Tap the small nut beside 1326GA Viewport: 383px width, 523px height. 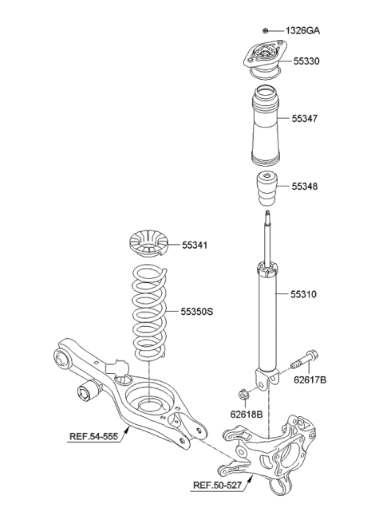pos(267,30)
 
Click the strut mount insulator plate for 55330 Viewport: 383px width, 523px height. pos(263,60)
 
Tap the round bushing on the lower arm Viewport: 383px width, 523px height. pos(85,391)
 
